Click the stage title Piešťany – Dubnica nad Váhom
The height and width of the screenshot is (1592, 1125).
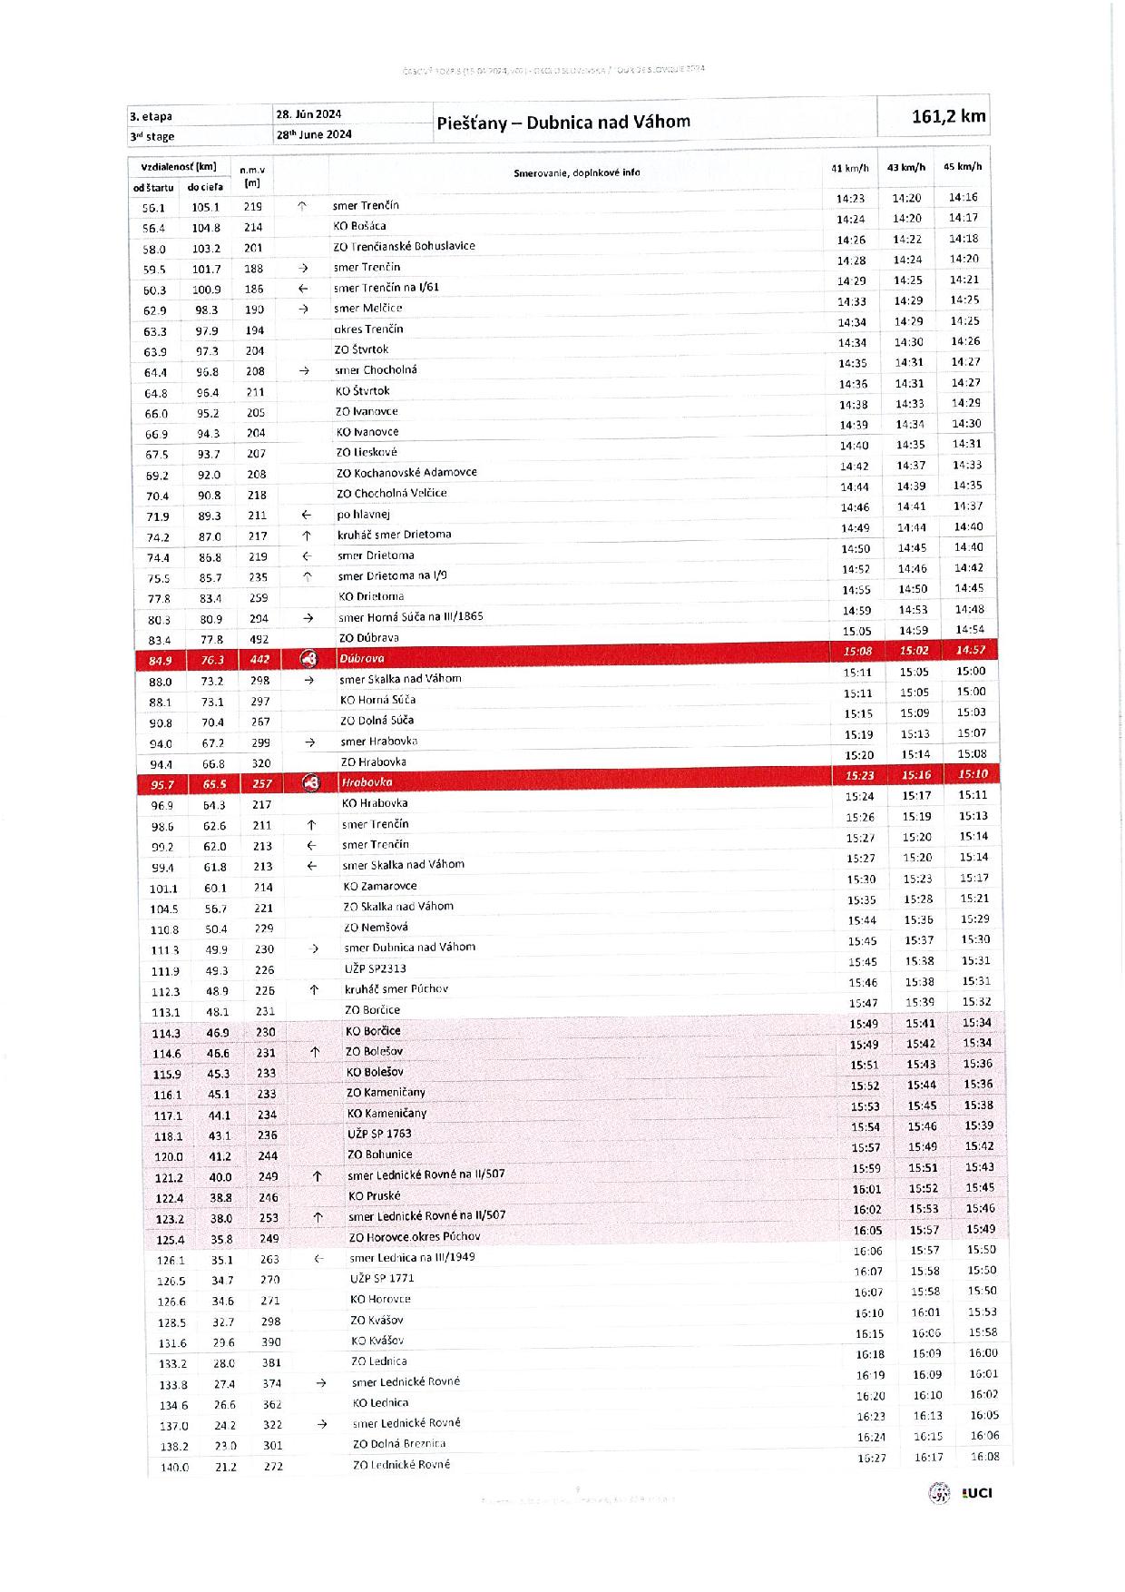[562, 122]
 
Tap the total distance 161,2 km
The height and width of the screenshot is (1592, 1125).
[948, 116]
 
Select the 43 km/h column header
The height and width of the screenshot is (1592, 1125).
[905, 167]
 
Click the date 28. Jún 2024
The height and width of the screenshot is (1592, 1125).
[308, 113]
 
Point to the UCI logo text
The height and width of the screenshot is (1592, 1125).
[977, 1493]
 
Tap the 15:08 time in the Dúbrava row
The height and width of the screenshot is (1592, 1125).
[857, 651]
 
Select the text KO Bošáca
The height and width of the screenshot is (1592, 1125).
[359, 226]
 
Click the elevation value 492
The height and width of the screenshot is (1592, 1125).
[259, 638]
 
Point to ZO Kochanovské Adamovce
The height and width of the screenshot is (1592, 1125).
[406, 472]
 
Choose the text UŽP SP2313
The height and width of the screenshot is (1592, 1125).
[375, 968]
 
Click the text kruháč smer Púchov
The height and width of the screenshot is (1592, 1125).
[396, 988]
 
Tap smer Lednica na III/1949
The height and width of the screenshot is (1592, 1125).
[412, 1257]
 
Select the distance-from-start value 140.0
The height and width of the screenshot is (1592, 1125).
[174, 1468]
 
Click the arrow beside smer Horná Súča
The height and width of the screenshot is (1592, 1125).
[308, 618]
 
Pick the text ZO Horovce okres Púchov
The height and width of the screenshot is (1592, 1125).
[415, 1236]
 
